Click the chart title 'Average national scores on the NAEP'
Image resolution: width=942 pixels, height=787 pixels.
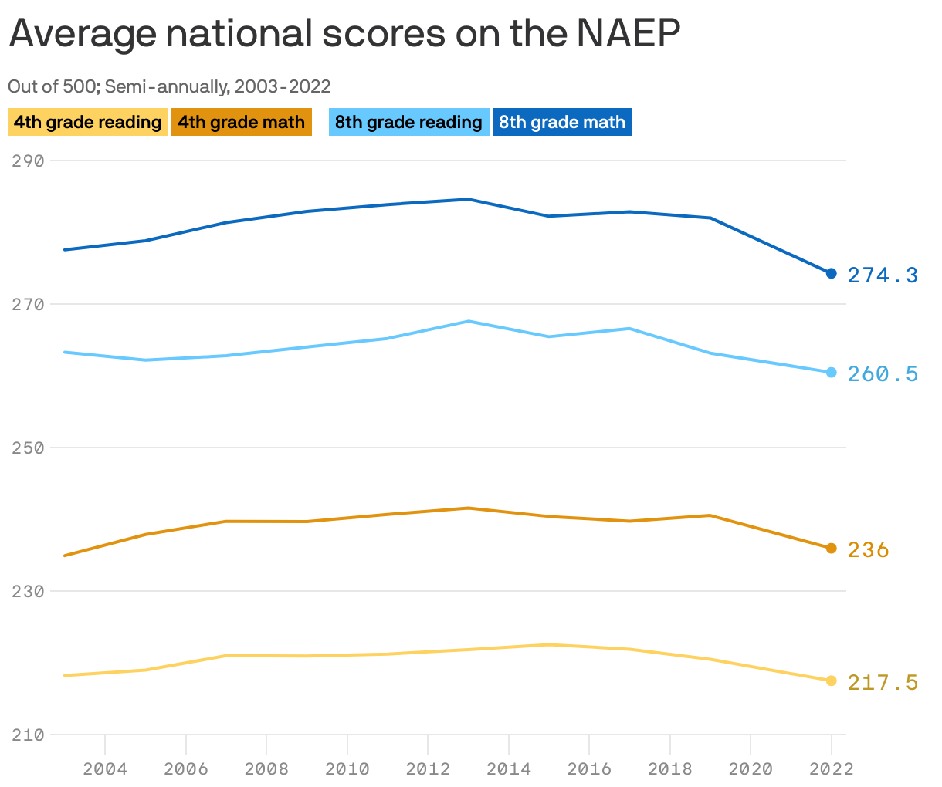pos(344,34)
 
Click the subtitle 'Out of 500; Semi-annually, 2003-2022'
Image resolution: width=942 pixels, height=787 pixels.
pos(169,86)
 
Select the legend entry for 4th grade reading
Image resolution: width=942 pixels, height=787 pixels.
pos(87,122)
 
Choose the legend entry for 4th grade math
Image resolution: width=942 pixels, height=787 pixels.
pos(241,122)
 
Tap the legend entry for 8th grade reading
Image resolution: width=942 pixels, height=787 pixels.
pos(408,122)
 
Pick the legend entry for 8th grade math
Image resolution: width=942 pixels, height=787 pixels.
pos(561,122)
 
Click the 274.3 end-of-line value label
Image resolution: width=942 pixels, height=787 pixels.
pos(883,275)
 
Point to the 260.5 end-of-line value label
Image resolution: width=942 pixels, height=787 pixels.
pos(883,374)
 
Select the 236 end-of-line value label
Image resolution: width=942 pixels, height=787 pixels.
pos(869,550)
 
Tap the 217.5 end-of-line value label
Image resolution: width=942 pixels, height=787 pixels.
pos(883,683)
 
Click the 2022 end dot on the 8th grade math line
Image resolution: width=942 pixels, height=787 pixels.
pos(831,273)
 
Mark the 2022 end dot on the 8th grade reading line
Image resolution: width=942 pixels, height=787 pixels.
pos(831,373)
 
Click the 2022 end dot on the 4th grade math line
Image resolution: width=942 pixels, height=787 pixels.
pos(831,549)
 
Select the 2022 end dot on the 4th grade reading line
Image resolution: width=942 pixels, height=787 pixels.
pos(831,681)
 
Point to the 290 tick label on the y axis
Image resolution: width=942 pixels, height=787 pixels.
pos(28,160)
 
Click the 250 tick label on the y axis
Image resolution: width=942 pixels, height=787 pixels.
pos(28,448)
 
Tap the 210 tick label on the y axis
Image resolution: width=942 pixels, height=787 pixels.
pos(28,735)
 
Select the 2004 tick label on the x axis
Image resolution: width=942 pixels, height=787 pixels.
pos(105,768)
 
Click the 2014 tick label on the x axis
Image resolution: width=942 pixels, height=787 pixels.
pos(509,768)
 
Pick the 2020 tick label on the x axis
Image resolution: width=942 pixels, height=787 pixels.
pos(751,768)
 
